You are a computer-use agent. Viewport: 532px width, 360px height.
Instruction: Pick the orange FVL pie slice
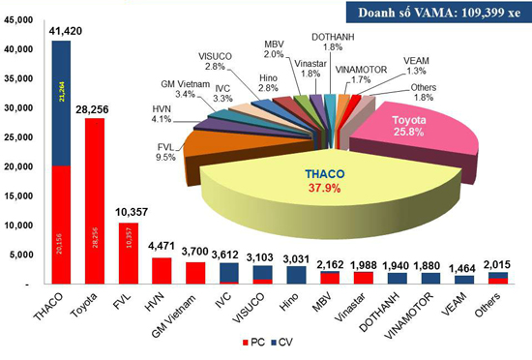220,155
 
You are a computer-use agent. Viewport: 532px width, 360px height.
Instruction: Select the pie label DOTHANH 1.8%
339,41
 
